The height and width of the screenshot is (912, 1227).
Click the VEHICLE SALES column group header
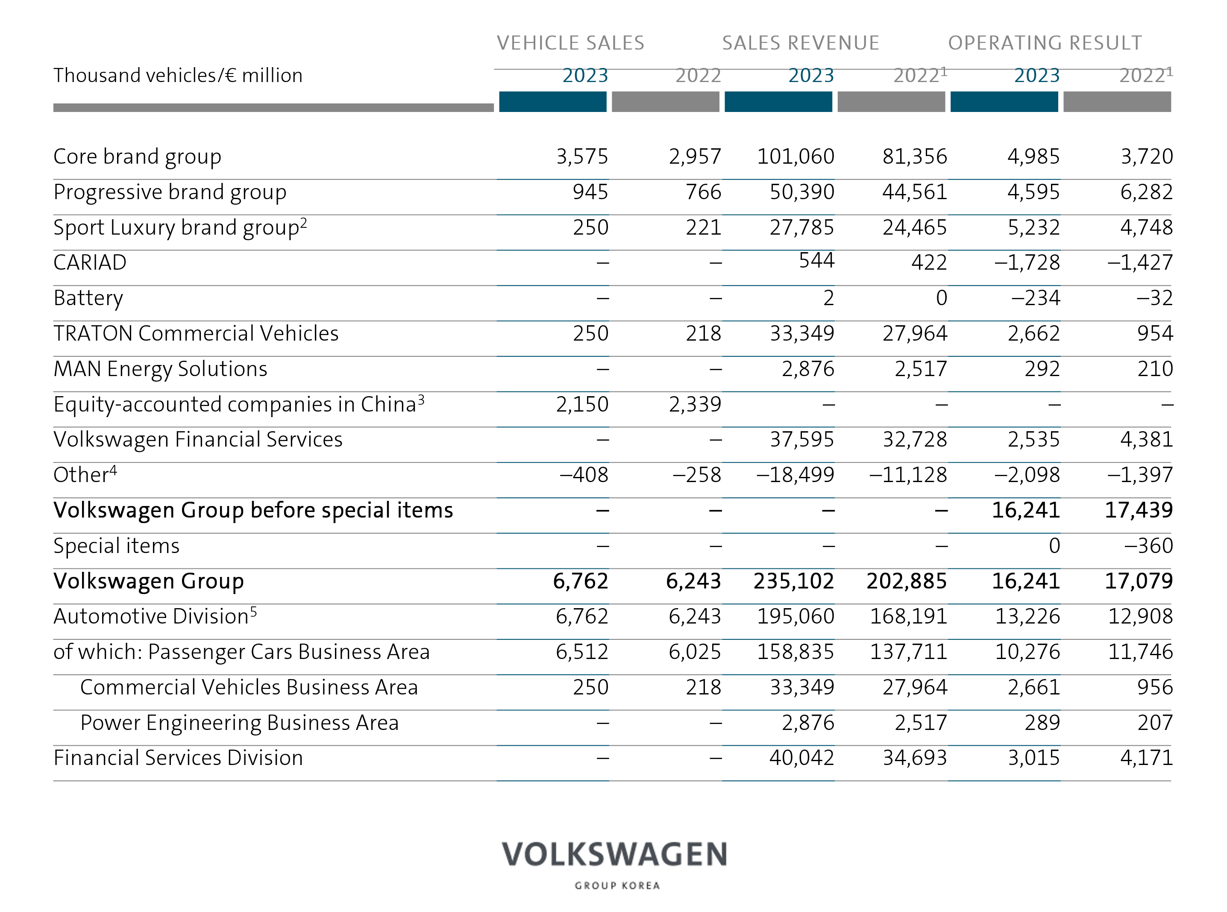[570, 43]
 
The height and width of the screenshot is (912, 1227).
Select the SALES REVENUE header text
[800, 43]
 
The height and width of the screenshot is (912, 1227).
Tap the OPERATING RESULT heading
[1045, 43]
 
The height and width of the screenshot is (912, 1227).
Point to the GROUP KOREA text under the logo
[617, 886]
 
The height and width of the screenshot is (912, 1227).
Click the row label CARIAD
[90, 263]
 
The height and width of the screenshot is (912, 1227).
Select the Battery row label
[88, 299]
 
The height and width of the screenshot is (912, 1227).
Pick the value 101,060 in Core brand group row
[795, 157]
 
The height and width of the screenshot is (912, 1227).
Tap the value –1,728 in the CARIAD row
[1027, 263]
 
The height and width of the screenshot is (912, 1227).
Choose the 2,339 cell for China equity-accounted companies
[695, 405]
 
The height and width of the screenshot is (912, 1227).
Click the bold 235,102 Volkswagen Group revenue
[794, 581]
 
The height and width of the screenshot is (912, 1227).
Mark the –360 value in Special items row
[1149, 546]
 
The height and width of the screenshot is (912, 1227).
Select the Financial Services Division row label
[178, 758]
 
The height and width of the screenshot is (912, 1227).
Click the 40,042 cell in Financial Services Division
[801, 758]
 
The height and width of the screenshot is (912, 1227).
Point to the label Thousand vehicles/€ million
[178, 75]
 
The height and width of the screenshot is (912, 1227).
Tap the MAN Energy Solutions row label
[160, 369]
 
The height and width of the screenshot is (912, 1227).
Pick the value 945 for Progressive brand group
[590, 192]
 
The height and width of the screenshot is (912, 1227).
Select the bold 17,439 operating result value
[1139, 511]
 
